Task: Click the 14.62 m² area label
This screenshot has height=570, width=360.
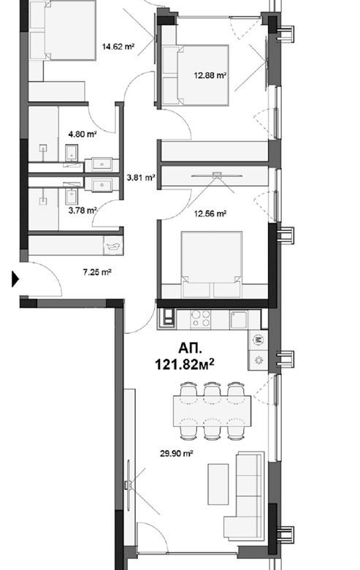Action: [x=118, y=47]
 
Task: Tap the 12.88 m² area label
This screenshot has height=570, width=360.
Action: [x=210, y=75]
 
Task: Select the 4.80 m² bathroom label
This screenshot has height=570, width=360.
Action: [x=82, y=134]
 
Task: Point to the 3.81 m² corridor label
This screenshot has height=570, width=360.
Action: [x=141, y=178]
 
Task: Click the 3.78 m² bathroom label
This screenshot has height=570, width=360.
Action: [x=83, y=210]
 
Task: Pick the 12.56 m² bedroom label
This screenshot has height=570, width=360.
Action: [x=210, y=213]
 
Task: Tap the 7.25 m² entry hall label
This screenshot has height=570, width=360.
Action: [x=97, y=272]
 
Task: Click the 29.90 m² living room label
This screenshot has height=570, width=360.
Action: [x=177, y=453]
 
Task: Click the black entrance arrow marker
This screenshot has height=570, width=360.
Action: [x=15, y=279]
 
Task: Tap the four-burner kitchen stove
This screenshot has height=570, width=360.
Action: [x=201, y=319]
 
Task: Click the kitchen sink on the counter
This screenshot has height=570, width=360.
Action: [x=239, y=319]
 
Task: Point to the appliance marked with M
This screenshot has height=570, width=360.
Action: [x=259, y=341]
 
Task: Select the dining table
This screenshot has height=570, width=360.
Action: [x=212, y=411]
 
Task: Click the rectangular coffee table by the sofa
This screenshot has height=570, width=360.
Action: [x=218, y=484]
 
